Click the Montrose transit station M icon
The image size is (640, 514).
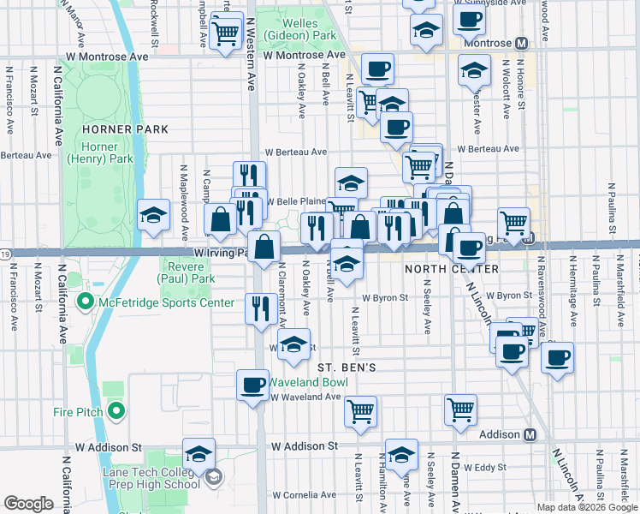click(x=521, y=43)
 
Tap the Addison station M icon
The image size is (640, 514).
click(x=530, y=434)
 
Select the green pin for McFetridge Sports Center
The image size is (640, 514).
click(x=85, y=302)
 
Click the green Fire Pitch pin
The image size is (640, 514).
click(x=116, y=412)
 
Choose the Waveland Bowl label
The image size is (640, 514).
click(x=306, y=382)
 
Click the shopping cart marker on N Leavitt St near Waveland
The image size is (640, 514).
click(x=360, y=410)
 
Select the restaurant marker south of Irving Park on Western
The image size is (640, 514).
click(x=258, y=308)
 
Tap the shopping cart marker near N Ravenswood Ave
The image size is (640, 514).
click(x=513, y=223)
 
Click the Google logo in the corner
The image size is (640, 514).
click(x=28, y=504)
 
